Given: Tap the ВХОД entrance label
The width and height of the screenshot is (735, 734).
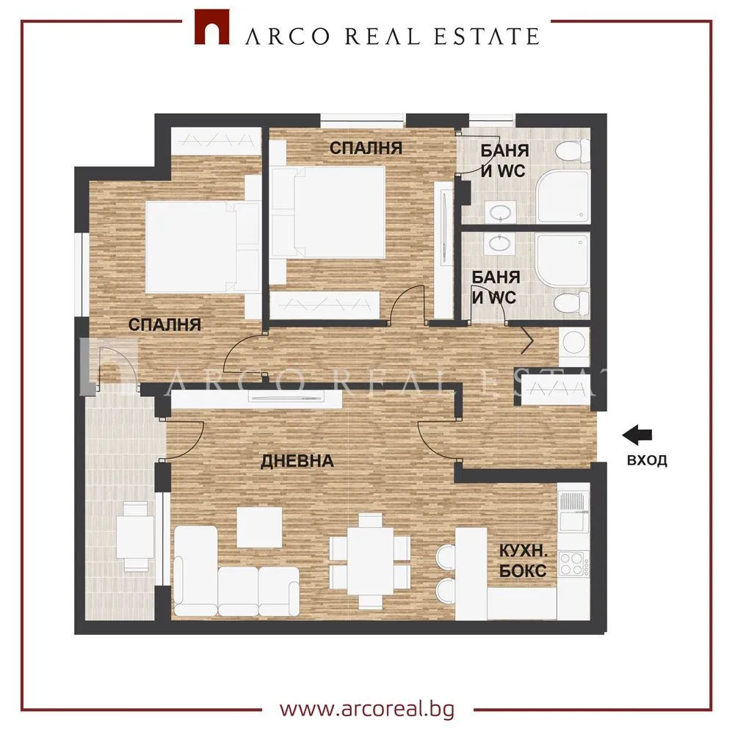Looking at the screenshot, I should (647, 461).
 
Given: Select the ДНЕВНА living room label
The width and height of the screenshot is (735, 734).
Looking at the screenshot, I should (297, 462).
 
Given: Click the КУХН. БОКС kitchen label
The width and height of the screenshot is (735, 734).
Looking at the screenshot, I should (522, 562).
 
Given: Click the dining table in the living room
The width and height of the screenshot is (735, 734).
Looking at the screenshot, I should (369, 557).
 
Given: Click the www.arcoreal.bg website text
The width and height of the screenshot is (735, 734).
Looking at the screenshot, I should (368, 711).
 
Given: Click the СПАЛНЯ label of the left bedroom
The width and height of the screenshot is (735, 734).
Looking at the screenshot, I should (164, 324).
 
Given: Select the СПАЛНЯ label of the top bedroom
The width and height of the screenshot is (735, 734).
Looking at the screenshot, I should (365, 148).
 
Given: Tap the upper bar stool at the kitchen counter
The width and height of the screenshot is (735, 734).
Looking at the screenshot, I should (445, 556).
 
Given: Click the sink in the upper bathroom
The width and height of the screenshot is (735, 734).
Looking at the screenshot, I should (502, 213).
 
